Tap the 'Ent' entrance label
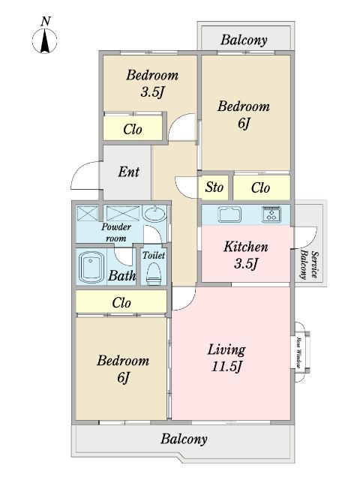click(128, 172)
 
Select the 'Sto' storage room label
click(213, 187)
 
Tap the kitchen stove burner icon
click(271, 214)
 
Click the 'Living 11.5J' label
click(226, 358)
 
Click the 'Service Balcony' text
click(310, 264)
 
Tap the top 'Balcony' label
click(244, 40)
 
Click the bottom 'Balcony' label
click(184, 439)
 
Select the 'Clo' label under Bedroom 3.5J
click(133, 130)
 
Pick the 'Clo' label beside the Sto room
click(260, 187)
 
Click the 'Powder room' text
click(116, 232)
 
